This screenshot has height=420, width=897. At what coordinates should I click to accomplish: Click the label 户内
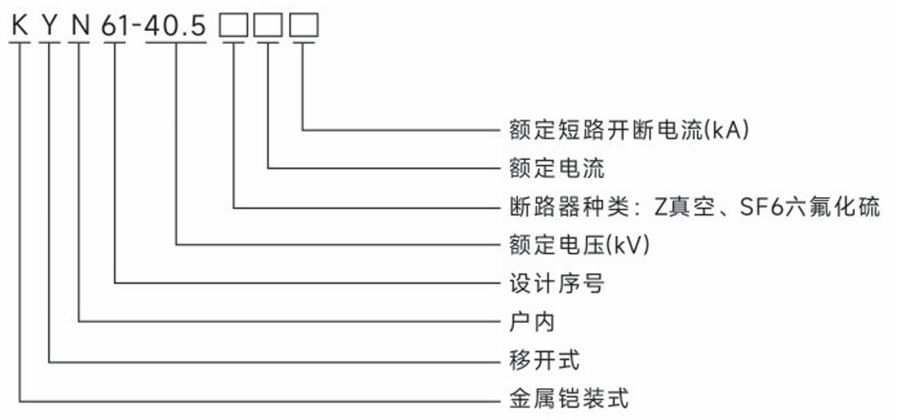point(527,322)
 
